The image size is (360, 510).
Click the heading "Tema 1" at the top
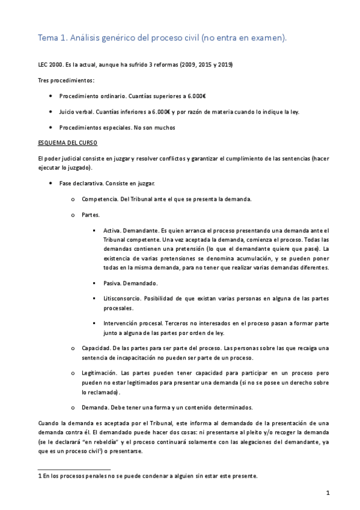tap(53, 38)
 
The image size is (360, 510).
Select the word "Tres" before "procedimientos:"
tap(44, 80)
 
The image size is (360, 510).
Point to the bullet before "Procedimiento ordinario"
tap(50, 96)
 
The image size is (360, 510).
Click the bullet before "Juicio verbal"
tap(50, 112)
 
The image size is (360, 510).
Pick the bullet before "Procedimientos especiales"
tap(50, 127)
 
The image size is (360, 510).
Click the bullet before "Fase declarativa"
tap(50, 183)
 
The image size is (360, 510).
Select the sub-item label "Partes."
tap(91, 214)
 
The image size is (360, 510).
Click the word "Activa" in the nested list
tap(112, 230)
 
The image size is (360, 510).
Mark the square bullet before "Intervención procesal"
tap(96, 323)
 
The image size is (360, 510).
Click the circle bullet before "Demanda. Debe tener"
tap(73, 407)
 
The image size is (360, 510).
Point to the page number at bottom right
tap(328, 493)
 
